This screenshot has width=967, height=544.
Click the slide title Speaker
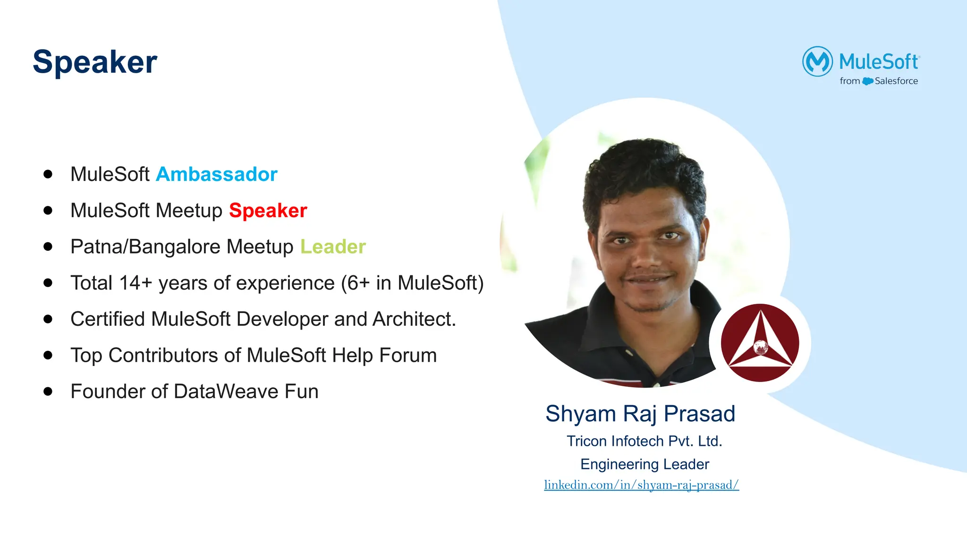(x=95, y=62)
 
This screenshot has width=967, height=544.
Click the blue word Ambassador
(x=216, y=174)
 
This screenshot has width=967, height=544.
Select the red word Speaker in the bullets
(x=268, y=211)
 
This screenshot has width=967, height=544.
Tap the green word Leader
(x=333, y=246)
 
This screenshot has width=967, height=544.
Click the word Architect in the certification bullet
(x=414, y=319)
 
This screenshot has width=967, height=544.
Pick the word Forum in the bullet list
(x=408, y=355)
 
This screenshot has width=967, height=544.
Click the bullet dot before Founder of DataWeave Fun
(x=48, y=391)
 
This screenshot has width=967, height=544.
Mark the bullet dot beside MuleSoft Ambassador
(x=48, y=174)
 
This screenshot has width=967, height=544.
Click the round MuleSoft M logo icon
(x=817, y=61)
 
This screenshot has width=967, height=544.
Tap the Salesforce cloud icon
(x=867, y=81)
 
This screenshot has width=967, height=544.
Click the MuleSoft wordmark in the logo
(x=879, y=61)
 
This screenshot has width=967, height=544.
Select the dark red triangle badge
(x=760, y=342)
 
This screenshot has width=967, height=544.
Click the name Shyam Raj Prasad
(x=640, y=414)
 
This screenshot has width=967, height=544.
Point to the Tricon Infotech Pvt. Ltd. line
(x=645, y=441)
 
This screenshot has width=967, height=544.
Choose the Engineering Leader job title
(x=645, y=464)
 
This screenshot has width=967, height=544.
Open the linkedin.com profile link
(x=641, y=485)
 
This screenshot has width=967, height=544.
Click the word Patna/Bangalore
(x=145, y=246)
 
